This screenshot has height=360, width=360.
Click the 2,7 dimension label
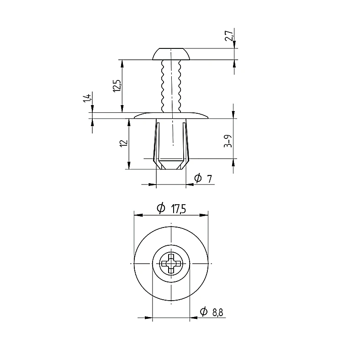[229, 35]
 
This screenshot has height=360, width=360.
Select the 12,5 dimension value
[117, 86]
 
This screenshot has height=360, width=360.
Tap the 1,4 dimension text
[87, 97]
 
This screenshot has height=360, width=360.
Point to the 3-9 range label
[228, 141]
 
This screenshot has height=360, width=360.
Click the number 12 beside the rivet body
[124, 143]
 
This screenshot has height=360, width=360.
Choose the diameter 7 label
[203, 178]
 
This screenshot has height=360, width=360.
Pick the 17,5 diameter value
[178, 209]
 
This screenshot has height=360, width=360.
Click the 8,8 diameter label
[217, 312]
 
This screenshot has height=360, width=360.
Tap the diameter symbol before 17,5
[161, 208]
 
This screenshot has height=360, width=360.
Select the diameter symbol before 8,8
[204, 311]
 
